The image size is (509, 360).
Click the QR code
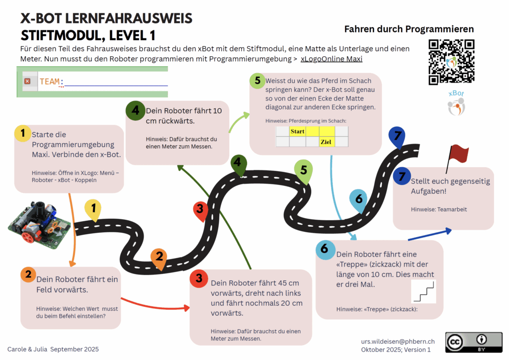click(451, 62)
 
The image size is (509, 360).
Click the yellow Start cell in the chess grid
click(298, 131)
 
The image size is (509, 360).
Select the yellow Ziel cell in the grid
click(327, 142)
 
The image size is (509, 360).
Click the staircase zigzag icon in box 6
click(424, 292)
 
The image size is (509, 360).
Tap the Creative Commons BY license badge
click(473, 342)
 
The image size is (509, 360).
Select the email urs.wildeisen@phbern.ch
click(398, 341)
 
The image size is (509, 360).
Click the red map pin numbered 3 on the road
click(200, 210)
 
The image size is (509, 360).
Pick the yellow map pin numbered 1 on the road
click(93, 208)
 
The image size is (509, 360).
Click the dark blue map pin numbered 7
click(397, 136)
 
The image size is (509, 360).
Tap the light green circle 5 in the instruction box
click(257, 81)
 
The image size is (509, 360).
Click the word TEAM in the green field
click(49, 82)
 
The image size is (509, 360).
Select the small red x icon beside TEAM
click(27, 81)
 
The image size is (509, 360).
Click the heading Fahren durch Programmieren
click(409, 29)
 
